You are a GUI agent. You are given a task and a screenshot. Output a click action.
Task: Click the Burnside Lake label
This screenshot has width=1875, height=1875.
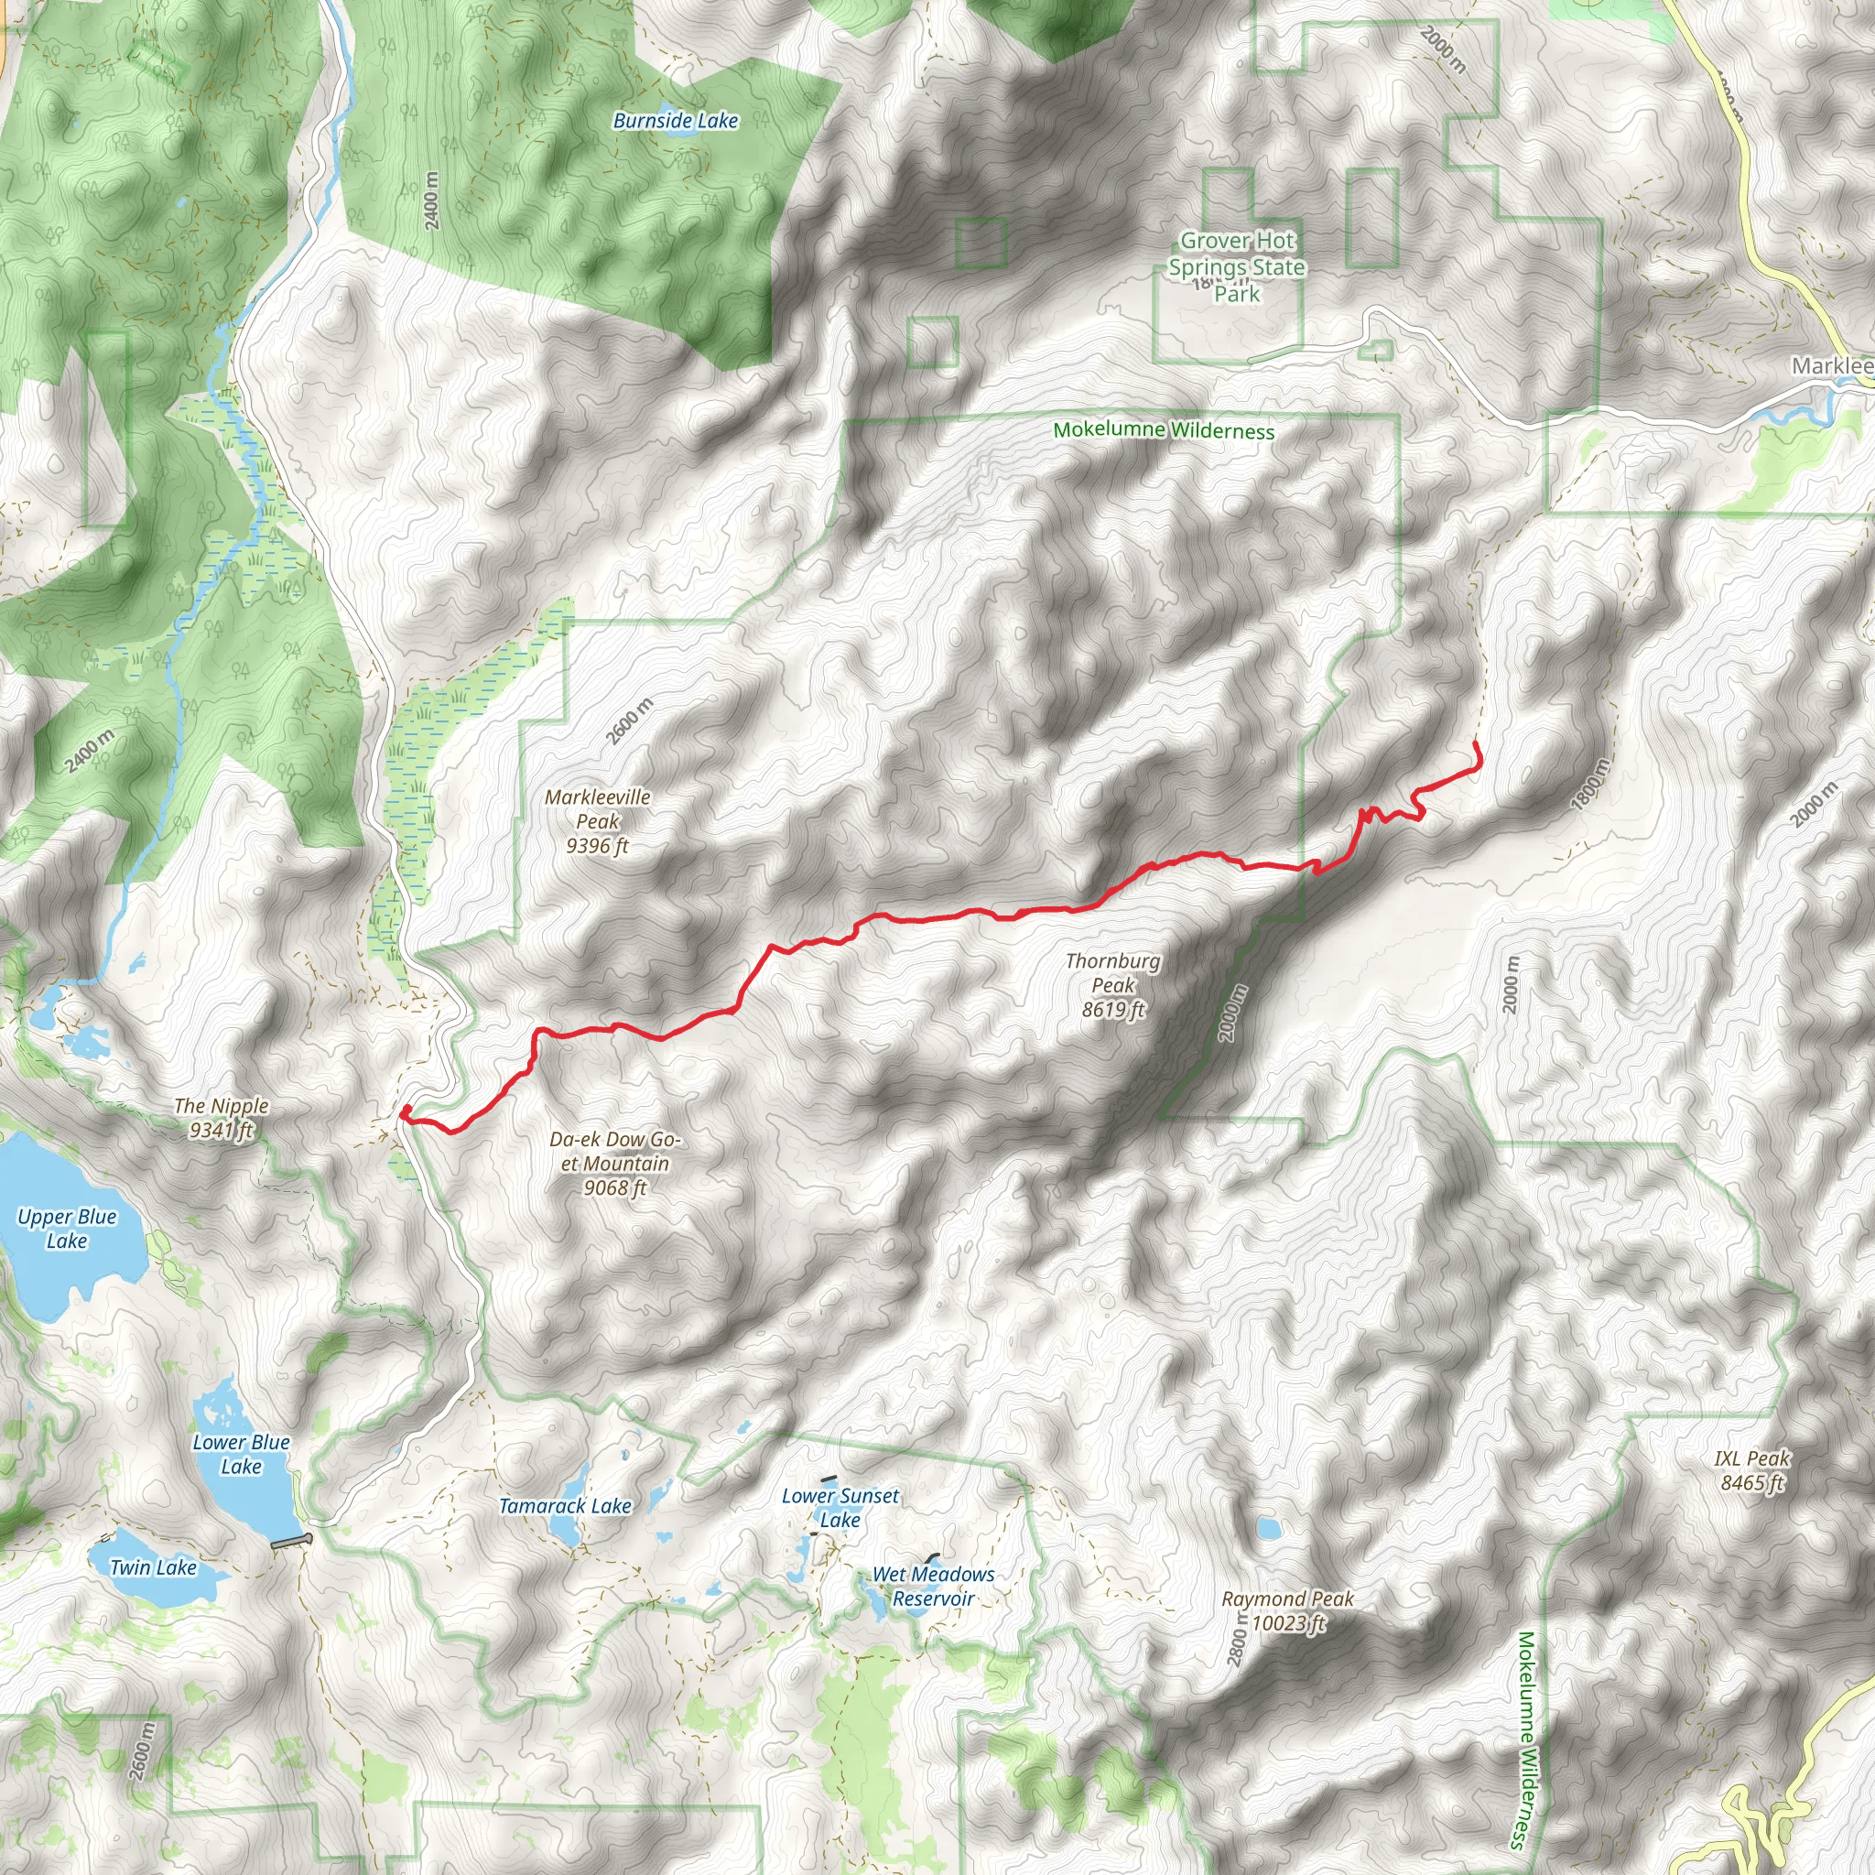coord(676,120)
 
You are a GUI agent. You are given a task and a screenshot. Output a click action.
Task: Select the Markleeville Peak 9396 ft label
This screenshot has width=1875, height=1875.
coord(597,821)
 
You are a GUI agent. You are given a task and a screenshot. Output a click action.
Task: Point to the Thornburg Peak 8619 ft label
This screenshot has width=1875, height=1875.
coord(1112,985)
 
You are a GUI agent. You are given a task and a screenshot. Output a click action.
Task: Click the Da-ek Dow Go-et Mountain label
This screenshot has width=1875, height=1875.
coord(614,1163)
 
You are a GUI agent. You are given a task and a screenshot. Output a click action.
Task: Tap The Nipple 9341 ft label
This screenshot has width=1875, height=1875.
coord(222,1117)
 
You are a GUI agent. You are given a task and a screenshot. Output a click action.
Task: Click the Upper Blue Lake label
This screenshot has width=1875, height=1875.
coord(67,1229)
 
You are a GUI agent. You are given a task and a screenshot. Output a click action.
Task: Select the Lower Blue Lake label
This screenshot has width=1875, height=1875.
coord(241,1454)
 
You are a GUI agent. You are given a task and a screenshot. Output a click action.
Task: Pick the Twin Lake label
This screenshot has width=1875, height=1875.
coord(153,1567)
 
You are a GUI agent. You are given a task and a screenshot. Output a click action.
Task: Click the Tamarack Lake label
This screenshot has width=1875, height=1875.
coord(565,1506)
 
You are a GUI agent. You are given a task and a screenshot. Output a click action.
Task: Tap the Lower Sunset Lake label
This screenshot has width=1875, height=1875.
coord(840,1508)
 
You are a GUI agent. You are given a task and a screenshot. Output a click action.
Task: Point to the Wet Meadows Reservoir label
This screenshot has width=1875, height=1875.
coord(933,1586)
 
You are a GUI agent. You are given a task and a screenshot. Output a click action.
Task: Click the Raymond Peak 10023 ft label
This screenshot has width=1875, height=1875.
coord(1287,1611)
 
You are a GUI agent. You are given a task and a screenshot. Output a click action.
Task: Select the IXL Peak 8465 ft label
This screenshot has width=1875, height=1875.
coord(1751,1470)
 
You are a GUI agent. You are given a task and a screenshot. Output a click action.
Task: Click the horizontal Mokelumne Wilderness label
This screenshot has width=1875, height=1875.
coord(1164,430)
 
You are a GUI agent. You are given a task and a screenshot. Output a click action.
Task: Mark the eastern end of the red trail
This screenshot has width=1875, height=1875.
coord(1476,742)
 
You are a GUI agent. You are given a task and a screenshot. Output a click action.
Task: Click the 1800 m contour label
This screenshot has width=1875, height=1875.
coord(1590,783)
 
